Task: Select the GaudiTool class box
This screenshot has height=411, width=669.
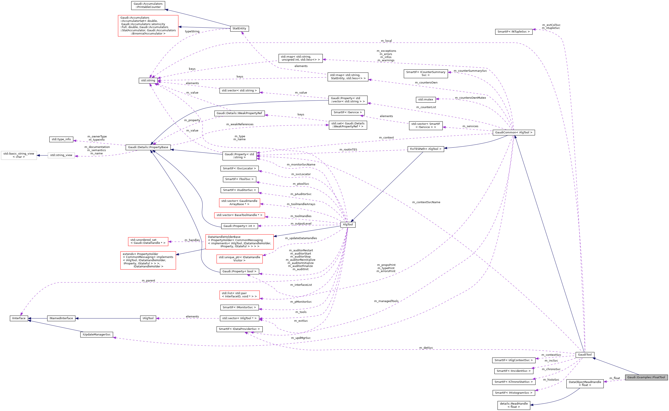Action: coord(584,354)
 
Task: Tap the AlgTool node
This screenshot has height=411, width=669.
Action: coord(348,225)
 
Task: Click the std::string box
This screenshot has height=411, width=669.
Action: coord(148,80)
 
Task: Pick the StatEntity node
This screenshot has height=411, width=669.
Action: coord(239,28)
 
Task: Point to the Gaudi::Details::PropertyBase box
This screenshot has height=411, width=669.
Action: coord(148,147)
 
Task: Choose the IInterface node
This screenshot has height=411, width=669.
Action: coord(19,318)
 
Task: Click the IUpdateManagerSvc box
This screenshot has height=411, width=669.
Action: coord(96,334)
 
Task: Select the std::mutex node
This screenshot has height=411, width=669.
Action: coord(425,100)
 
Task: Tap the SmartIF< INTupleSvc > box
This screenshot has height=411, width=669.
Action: coord(513,31)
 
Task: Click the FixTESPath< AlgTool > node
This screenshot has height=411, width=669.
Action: coord(425,149)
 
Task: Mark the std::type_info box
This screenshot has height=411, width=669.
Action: coord(61,139)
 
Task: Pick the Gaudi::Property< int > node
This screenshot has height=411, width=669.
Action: coord(239,226)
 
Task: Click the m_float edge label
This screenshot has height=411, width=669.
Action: coord(615,378)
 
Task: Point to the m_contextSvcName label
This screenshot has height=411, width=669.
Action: coord(426,202)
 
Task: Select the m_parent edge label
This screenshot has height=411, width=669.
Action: coord(148,280)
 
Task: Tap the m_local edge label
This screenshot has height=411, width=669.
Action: coord(386,41)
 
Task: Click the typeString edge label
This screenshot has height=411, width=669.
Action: coord(192,31)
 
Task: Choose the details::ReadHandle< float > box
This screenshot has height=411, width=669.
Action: coord(514,405)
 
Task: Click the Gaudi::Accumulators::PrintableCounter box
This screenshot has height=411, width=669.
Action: coord(148,5)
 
